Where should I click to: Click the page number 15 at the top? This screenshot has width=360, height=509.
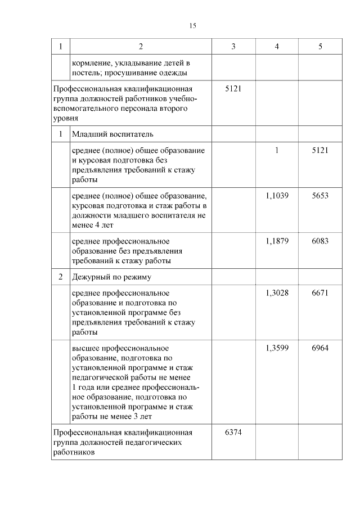pyautogui.click(x=192, y=26)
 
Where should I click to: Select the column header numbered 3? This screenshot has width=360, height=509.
pyautogui.click(x=233, y=46)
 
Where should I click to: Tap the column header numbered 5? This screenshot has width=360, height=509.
pyautogui.click(x=320, y=46)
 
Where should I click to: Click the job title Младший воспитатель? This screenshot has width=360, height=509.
pyautogui.click(x=112, y=134)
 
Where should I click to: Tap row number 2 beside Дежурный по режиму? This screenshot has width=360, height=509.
pyautogui.click(x=61, y=277)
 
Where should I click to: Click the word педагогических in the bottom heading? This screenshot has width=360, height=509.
pyautogui.click(x=159, y=443)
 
